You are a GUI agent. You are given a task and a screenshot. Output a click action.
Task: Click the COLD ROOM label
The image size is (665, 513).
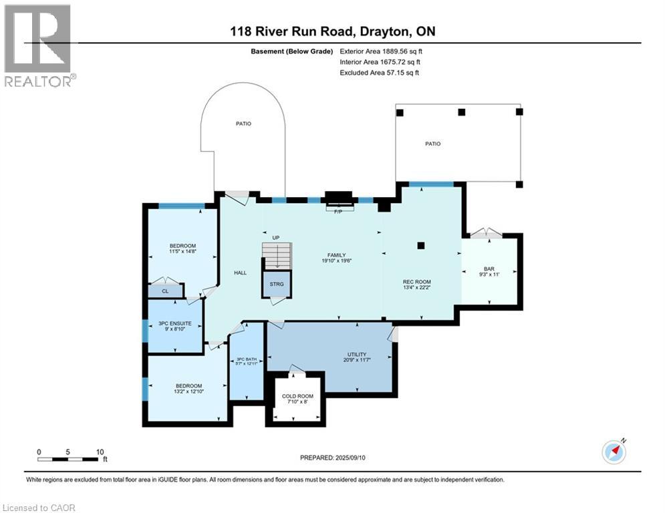point(297,396)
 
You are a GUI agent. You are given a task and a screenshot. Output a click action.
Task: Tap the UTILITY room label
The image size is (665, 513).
point(357,355)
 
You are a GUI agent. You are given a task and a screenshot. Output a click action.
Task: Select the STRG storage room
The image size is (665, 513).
point(277,284)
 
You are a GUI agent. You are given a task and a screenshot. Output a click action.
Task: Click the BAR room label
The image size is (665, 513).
point(489,269)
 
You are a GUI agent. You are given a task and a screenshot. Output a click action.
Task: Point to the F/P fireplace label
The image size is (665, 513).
point(338,211)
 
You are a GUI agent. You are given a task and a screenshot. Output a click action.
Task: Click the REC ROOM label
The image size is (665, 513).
point(417,281)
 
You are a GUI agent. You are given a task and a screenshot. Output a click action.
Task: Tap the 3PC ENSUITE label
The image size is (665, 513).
point(174,323)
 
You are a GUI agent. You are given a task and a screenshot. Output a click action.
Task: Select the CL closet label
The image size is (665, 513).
point(165,291)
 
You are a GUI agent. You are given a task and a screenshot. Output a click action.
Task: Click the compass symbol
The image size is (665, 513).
point(614,452)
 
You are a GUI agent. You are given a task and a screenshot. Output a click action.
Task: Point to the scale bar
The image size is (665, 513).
point(68,459)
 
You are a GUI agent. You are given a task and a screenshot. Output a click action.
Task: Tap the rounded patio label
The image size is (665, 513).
point(243,124)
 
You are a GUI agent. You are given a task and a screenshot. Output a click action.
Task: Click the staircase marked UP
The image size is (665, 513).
point(277,256)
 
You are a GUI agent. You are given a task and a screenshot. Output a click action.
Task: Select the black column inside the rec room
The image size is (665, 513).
point(420,245)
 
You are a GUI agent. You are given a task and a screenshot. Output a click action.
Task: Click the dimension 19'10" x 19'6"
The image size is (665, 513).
point(337,261)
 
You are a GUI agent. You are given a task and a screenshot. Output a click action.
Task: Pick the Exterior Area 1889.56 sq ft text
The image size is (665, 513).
point(381,51)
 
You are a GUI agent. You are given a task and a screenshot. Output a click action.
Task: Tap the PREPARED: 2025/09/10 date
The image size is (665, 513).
point(333,458)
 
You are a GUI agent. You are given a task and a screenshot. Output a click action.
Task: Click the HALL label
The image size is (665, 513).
point(240,273)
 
